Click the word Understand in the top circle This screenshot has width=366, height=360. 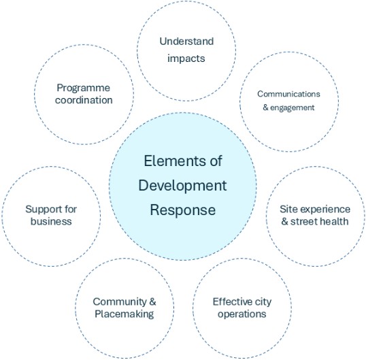tap(186, 42)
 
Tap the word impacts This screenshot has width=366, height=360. tap(186, 59)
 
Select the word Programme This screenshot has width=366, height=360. tap(83, 88)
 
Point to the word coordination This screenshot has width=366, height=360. tap(84, 100)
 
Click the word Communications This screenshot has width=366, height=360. tap(288, 94)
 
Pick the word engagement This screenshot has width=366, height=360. tap(293, 108)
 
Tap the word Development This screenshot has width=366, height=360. tap(182, 186)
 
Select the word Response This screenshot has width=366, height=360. tap(183, 210)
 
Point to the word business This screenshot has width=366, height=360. tap(51, 221)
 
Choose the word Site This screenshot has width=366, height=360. tap(288, 209)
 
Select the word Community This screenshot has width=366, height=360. tap(119, 302)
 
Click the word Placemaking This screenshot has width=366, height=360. tap(124, 314)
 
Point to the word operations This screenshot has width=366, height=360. tap(242, 314)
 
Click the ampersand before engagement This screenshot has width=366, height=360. tap(265, 108)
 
